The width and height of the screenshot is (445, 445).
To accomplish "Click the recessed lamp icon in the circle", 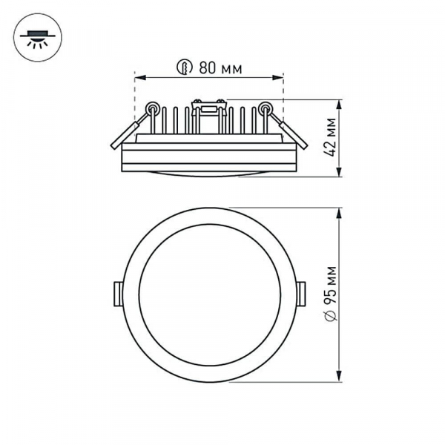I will pos(38,38).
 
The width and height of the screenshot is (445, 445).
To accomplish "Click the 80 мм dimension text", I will pos(220,68).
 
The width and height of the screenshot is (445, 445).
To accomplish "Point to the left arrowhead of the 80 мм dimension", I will pos(139,76).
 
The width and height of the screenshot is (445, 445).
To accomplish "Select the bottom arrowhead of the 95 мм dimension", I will pos(339,378).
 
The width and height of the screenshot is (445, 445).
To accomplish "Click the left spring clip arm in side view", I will pos(126,132).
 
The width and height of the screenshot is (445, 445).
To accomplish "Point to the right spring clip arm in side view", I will pos(291,131).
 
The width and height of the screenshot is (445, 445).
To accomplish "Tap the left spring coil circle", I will pos(152,108).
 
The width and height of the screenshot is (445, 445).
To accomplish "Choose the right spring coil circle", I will pos(265,108).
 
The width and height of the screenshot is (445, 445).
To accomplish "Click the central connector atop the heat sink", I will pos(208,108).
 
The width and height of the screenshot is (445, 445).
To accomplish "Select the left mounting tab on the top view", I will pos(118,294).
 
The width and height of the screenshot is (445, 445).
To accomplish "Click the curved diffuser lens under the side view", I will pos(208,174).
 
